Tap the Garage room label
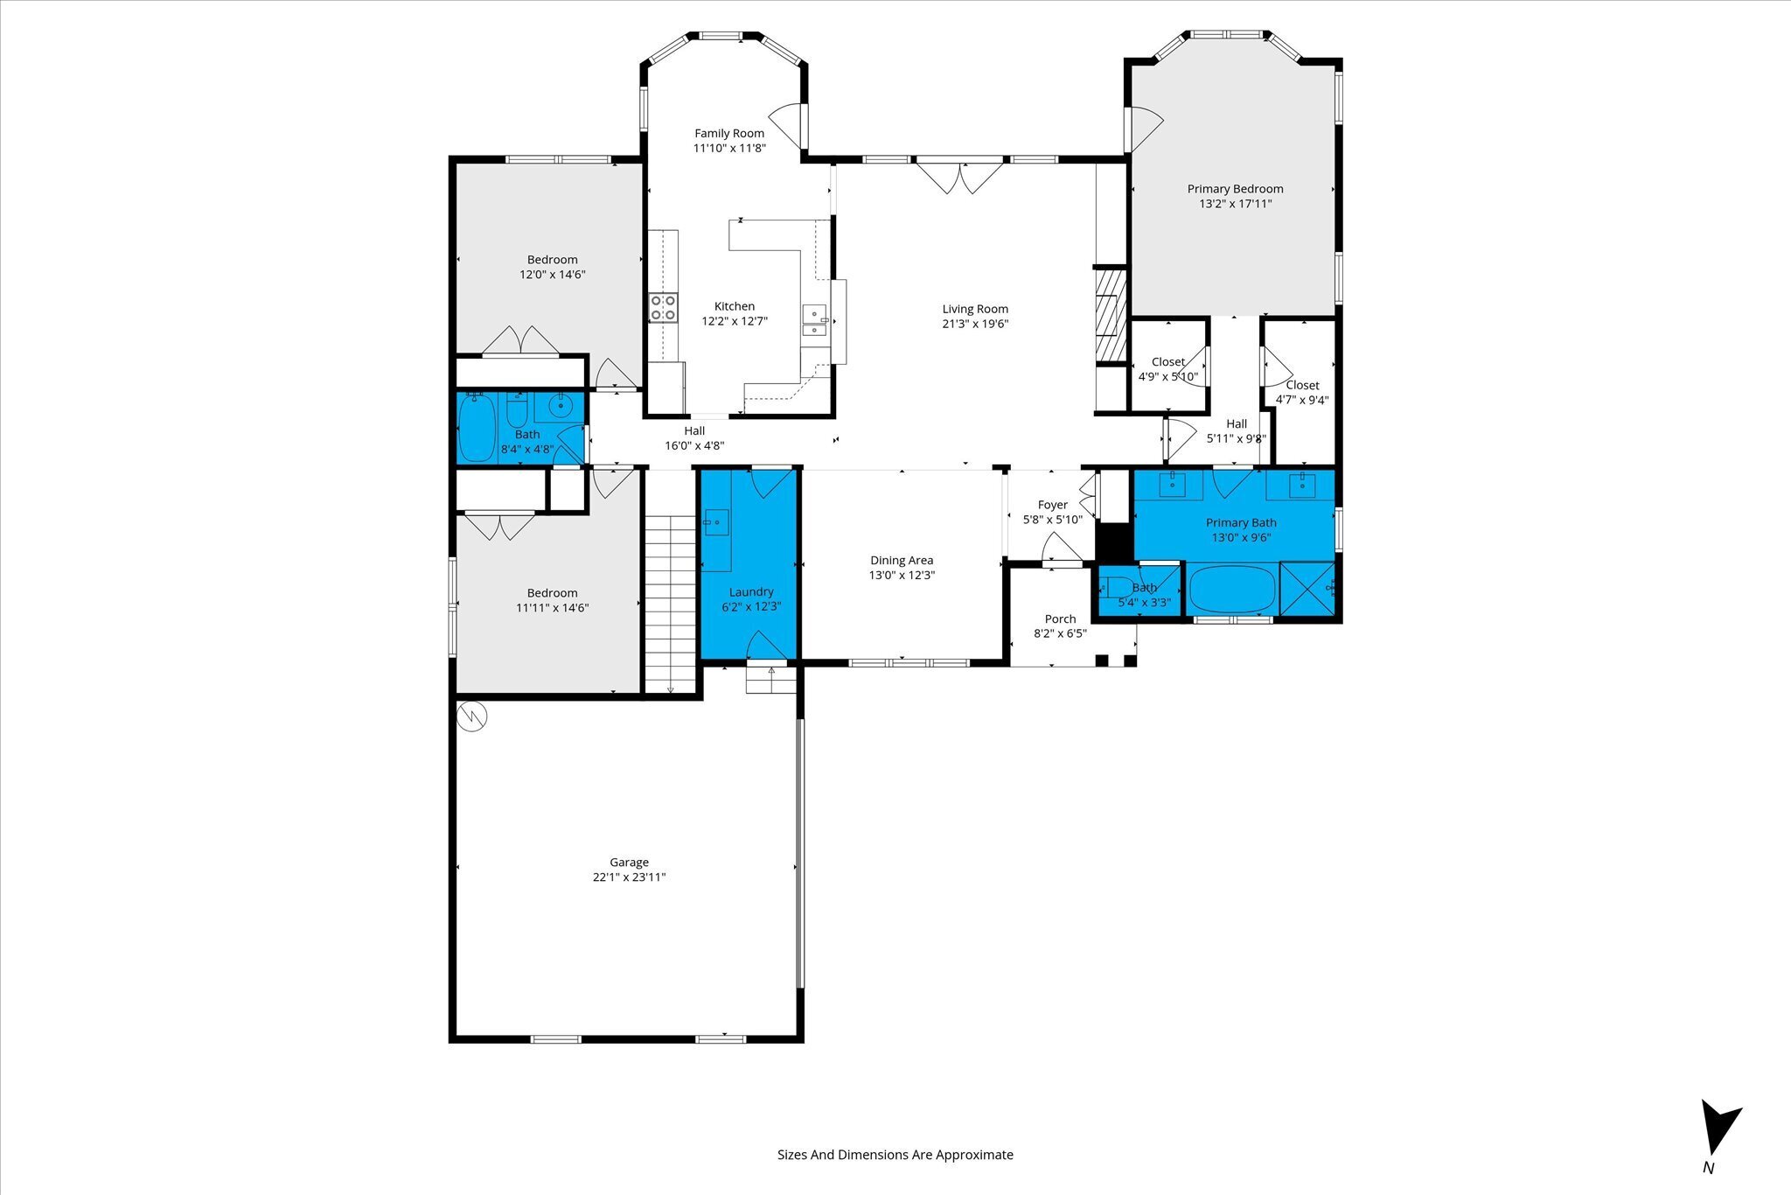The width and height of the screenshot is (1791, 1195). click(x=629, y=862)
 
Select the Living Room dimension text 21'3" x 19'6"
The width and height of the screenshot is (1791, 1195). click(x=975, y=324)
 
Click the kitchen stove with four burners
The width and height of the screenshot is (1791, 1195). click(x=664, y=308)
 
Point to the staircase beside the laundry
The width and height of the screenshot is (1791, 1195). click(x=670, y=604)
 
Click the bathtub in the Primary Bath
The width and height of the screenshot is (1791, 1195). click(x=1232, y=590)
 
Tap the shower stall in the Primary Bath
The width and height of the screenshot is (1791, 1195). click(x=1307, y=589)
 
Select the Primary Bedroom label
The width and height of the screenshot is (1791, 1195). click(x=1235, y=189)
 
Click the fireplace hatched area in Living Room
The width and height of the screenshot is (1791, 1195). click(x=1111, y=315)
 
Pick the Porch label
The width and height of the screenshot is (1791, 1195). click(x=1060, y=618)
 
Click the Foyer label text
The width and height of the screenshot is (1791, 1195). click(x=1052, y=505)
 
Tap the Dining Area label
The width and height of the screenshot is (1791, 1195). click(x=902, y=560)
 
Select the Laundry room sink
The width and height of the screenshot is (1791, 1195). click(x=716, y=522)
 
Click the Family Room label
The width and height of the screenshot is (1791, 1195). click(x=729, y=134)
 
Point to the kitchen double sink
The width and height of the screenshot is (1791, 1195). click(x=815, y=321)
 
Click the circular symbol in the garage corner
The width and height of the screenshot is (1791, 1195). click(x=472, y=716)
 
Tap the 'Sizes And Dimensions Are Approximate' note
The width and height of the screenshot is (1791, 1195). click(x=895, y=1155)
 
